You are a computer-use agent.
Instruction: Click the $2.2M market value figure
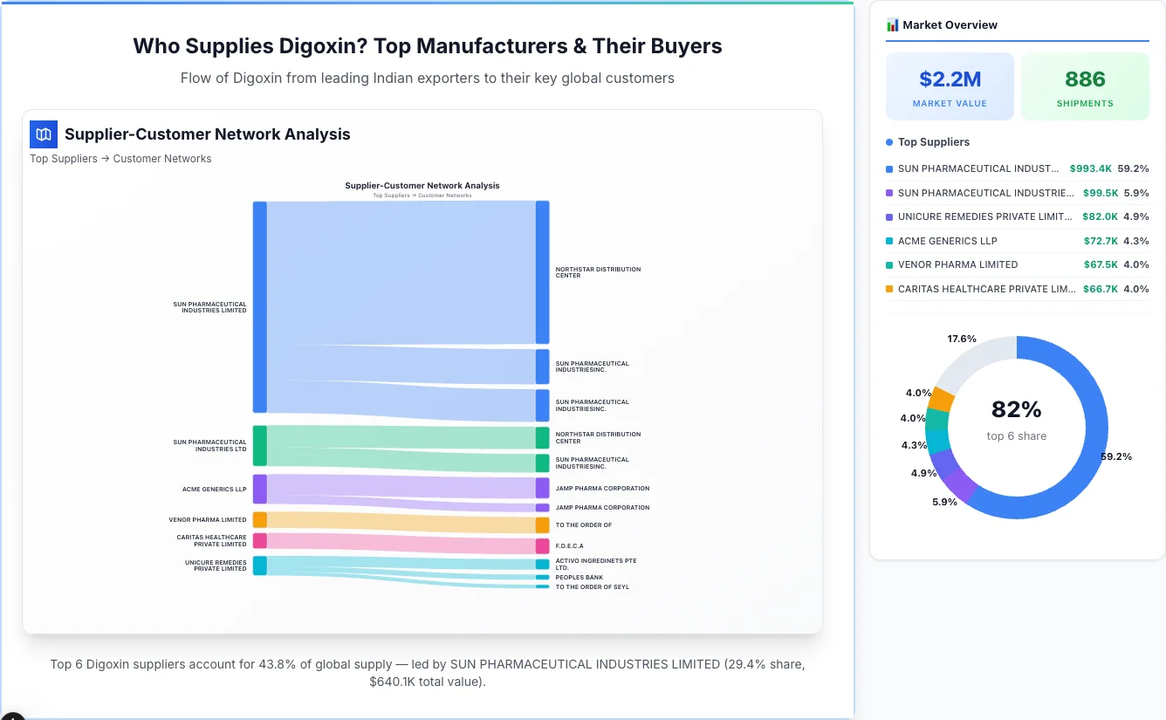click(950, 79)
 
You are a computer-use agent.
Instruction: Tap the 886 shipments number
click(1085, 79)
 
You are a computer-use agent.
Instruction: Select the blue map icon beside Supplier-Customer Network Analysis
click(43, 134)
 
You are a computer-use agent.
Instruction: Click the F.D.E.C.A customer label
click(569, 546)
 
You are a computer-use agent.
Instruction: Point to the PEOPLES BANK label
click(579, 578)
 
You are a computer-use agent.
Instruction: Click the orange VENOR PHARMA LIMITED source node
click(260, 520)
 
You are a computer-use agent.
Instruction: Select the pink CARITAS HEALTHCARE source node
click(260, 541)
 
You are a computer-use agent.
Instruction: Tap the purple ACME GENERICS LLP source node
click(260, 489)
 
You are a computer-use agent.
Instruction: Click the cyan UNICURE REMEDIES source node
click(260, 566)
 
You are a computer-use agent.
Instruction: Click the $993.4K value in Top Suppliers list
click(1090, 168)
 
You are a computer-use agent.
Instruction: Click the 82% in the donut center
click(1016, 409)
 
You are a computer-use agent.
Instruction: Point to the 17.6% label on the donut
click(962, 339)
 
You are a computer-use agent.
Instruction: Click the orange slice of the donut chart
click(942, 399)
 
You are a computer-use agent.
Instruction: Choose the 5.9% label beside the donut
click(944, 502)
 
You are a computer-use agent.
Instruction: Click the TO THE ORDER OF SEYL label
click(592, 587)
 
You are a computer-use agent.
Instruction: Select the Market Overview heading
click(950, 25)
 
